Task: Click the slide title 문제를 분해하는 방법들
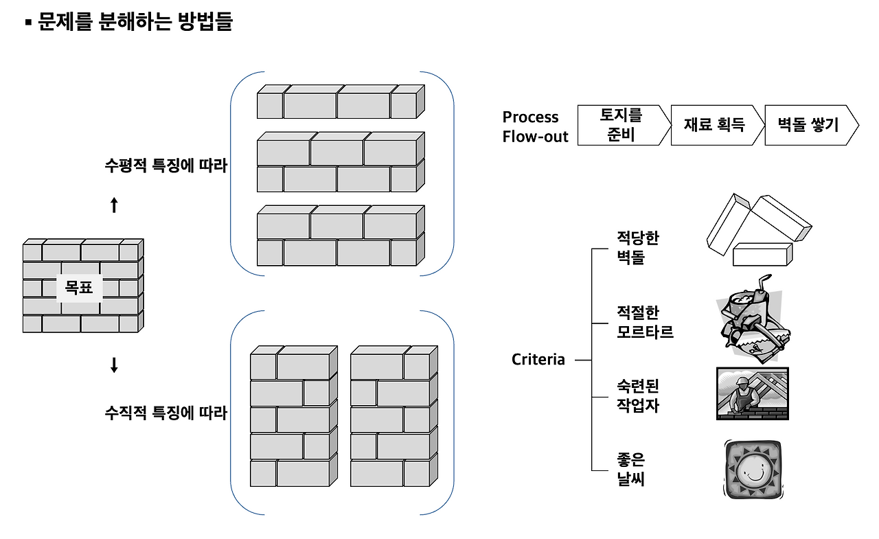tap(135, 23)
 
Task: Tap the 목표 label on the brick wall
tap(79, 288)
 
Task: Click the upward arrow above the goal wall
tap(114, 205)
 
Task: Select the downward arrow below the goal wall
tap(114, 365)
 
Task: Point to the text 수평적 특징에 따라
tap(165, 165)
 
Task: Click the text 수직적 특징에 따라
tap(165, 413)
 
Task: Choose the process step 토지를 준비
tap(621, 125)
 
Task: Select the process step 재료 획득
tap(715, 125)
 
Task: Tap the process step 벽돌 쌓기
tap(808, 125)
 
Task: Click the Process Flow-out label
tap(535, 126)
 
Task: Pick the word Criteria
tap(538, 359)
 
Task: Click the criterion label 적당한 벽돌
tap(637, 248)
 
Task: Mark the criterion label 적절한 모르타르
tap(645, 322)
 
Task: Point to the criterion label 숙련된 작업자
tap(637, 396)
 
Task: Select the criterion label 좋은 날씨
tap(630, 470)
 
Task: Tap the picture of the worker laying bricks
tap(752, 393)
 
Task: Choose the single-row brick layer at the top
tap(341, 102)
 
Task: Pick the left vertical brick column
tap(294, 417)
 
